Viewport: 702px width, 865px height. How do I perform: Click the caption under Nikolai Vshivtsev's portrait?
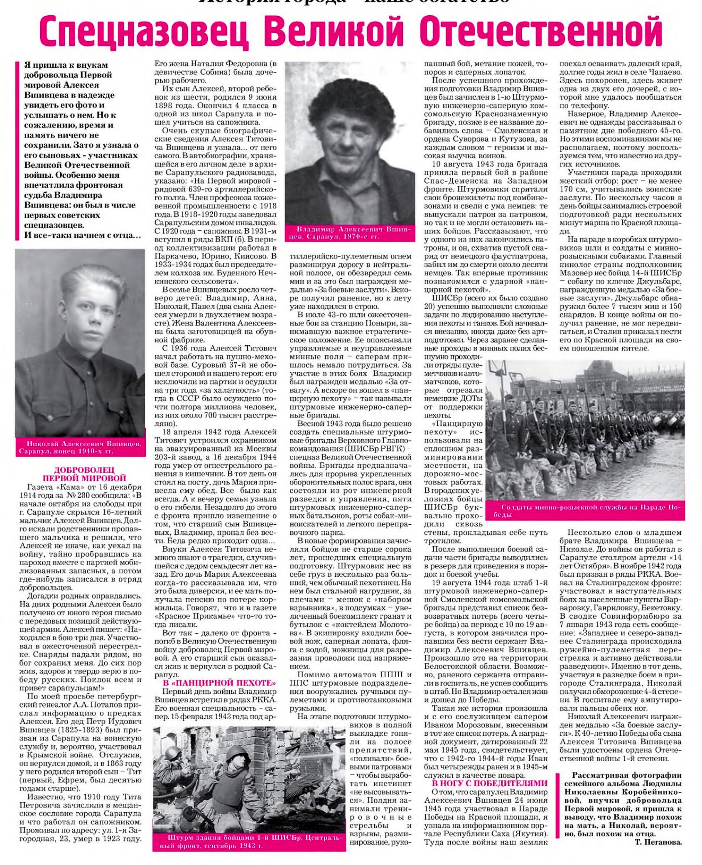point(80,447)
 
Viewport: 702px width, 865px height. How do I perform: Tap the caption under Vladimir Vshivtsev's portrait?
point(349,233)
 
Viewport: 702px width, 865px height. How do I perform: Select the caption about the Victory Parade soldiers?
point(587,510)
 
